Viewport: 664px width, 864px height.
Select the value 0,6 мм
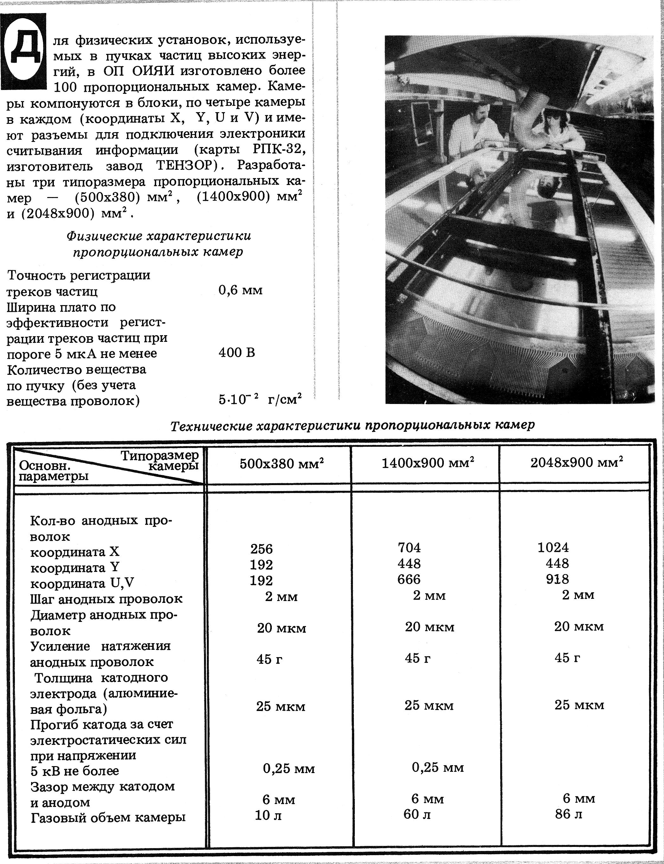(240, 291)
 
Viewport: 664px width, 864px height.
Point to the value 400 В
(237, 353)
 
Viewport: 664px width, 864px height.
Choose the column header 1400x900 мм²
(428, 463)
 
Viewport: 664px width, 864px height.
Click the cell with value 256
(261, 549)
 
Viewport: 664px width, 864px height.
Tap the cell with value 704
(409, 547)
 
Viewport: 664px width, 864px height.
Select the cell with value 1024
(553, 547)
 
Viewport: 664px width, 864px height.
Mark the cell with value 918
(557, 579)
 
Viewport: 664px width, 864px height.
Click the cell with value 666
(409, 579)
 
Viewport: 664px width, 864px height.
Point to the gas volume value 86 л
(568, 814)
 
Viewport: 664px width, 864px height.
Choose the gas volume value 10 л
(268, 815)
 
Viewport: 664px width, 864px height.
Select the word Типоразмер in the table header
(159, 455)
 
